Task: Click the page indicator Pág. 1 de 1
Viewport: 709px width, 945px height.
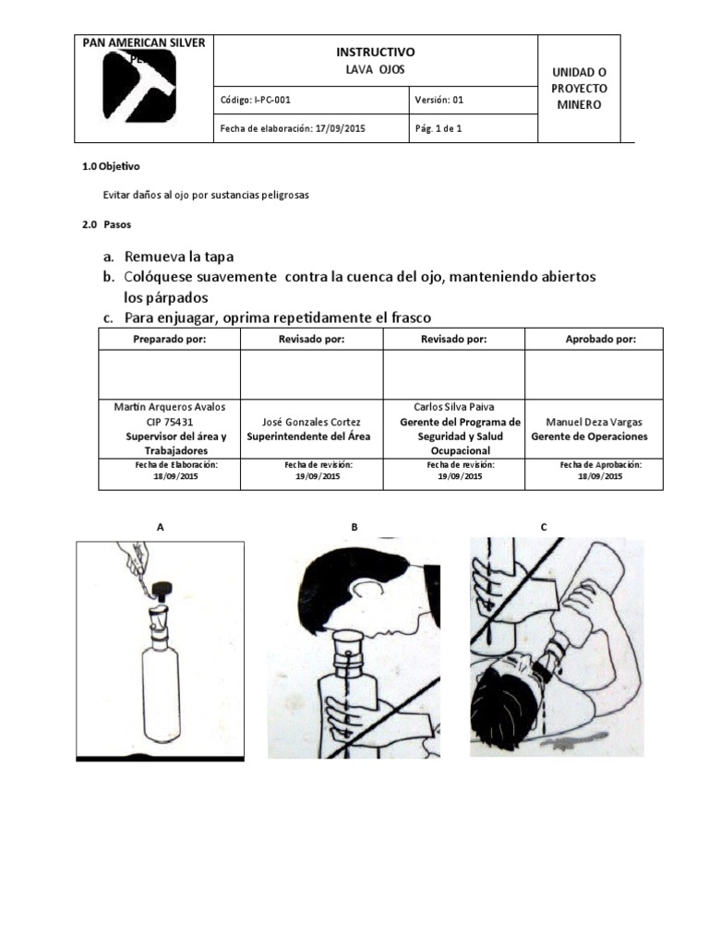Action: coord(439,128)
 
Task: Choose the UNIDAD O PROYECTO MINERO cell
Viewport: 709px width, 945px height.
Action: coord(578,89)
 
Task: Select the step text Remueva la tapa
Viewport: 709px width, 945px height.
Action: coord(186,257)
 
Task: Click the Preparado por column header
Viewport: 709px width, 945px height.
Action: coord(169,340)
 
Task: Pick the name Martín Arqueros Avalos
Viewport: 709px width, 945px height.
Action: coord(169,407)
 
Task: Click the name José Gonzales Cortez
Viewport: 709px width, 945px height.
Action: coord(310,422)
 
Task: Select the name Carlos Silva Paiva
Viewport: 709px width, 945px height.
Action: coord(452,407)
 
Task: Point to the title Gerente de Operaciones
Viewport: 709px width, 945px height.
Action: coord(589,437)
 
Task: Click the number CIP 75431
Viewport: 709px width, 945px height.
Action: coord(169,422)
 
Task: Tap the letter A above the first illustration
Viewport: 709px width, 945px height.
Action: coord(161,527)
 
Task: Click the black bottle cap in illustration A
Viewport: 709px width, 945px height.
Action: coord(165,587)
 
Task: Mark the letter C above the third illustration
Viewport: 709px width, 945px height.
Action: coord(544,527)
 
